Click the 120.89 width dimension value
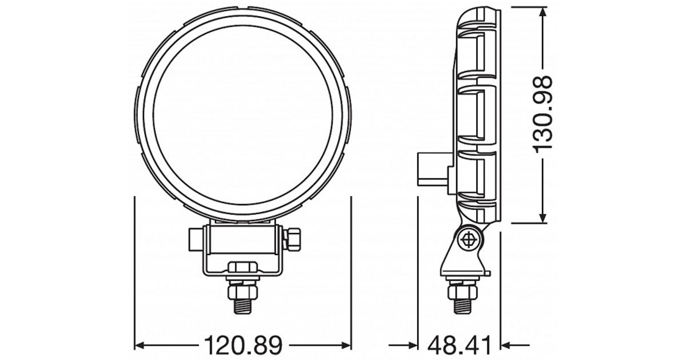[243, 346]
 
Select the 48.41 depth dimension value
[460, 346]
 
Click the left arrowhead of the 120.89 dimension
[139, 346]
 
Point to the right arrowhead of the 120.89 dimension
[346, 346]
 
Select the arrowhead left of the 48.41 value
[413, 346]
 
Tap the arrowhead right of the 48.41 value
[505, 346]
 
